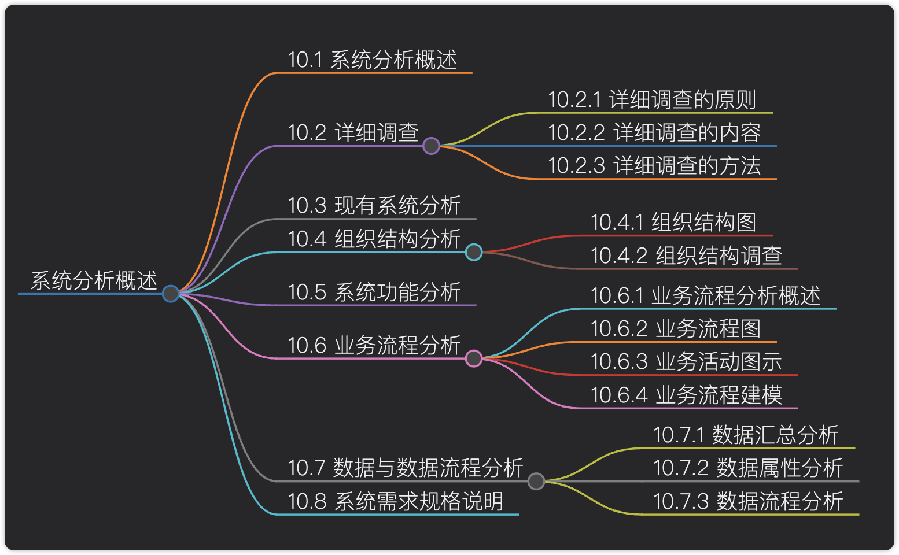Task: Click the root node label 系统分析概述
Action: pos(94,281)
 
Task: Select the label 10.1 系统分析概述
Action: pos(373,60)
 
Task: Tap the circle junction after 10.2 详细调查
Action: pos(431,146)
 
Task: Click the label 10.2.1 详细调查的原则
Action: pos(652,100)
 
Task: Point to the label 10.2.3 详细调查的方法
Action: pos(654,166)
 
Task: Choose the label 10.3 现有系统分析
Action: pos(374,206)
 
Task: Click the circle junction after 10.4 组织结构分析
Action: pos(474,252)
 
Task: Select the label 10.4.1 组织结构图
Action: pos(673,223)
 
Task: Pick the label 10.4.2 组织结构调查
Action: pos(686,256)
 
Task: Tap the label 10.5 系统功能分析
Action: pos(374,293)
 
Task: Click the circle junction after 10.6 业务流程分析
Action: pos(474,358)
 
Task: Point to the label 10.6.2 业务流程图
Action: pos(675,329)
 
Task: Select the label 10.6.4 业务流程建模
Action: pos(686,395)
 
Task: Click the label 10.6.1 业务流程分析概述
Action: pos(705,296)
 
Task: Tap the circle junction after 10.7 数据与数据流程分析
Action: pos(536,481)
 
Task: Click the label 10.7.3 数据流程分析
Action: pos(748,501)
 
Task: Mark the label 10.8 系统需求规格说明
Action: pos(396,501)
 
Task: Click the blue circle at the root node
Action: pos(171,294)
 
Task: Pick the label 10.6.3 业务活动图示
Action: pos(686,362)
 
